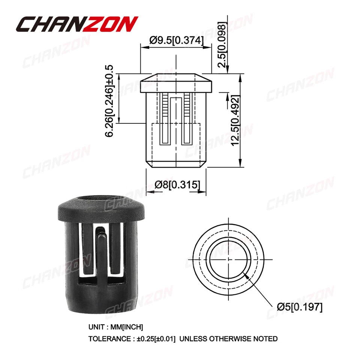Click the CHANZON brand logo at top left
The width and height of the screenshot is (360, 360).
[77, 24]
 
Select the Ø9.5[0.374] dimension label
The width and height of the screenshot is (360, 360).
[176, 40]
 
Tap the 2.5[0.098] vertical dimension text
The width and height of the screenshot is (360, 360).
[222, 45]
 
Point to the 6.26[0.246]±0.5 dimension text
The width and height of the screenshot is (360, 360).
[109, 101]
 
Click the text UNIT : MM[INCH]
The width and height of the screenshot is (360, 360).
[116, 327]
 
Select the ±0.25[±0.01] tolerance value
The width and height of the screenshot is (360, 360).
[156, 339]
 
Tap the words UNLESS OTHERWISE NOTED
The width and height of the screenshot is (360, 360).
[228, 339]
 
